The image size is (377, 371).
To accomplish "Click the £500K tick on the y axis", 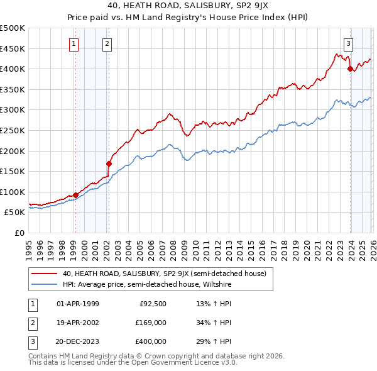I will tap(13, 28).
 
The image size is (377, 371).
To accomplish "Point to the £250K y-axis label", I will tap(13, 130).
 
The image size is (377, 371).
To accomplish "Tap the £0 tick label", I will tap(19, 233).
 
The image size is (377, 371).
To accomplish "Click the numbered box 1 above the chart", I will tap(75, 43).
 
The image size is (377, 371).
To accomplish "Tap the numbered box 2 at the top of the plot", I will tap(107, 43).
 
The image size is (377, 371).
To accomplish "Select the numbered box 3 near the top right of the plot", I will tap(348, 43).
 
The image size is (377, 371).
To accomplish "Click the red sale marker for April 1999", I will tap(76, 195).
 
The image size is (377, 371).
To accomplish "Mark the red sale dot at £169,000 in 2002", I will tap(109, 163).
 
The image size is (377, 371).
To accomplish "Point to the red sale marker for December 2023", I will tap(350, 69).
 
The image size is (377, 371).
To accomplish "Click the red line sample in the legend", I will tap(45, 274).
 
